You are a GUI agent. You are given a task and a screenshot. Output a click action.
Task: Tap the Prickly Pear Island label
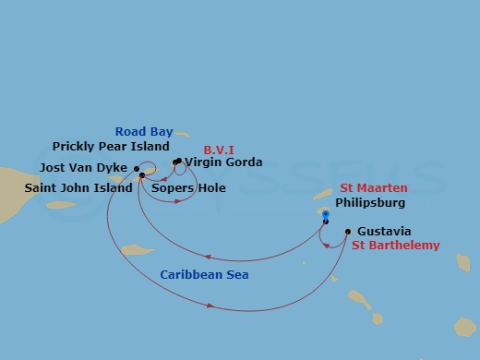(111, 146)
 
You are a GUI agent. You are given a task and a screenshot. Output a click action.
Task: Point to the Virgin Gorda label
(223, 162)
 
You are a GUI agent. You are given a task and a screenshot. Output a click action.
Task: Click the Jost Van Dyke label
(84, 169)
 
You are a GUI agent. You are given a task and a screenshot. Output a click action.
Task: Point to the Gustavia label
(384, 231)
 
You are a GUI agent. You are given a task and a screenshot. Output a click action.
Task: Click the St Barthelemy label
(396, 246)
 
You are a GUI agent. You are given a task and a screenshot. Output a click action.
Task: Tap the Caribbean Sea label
(204, 275)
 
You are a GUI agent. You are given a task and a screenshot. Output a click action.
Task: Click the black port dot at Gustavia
(348, 231)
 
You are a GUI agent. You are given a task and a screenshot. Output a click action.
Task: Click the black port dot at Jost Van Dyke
(137, 169)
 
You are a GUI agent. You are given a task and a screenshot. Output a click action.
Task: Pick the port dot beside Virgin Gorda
(177, 162)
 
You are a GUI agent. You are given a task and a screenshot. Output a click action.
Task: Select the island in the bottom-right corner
(464, 327)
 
